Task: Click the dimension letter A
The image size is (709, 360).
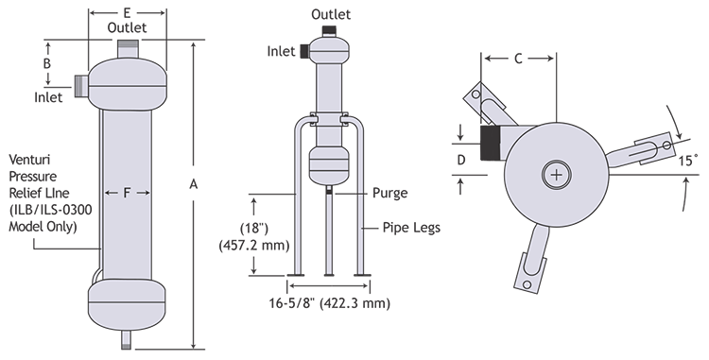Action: coord(194,184)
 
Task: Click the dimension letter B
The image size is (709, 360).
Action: coord(47,63)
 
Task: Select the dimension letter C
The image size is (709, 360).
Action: coord(518,59)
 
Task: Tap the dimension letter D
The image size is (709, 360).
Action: coord(460,160)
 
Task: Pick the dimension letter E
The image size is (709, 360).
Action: coord(127,13)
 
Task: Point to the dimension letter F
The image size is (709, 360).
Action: coord(127,193)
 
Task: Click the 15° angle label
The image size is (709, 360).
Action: coord(688,161)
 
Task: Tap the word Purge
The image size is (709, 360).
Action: coord(389,193)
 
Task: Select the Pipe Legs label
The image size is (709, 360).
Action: coord(411,228)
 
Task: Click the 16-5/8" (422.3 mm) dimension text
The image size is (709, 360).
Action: coord(330,303)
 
